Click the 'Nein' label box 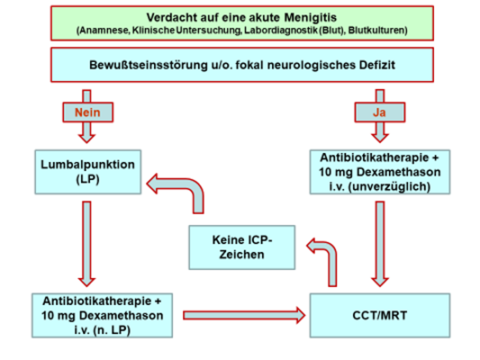(88, 112)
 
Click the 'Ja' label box (380, 112)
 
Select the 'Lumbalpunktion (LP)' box (88, 172)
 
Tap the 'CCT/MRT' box (380, 315)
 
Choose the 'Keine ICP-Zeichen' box (242, 247)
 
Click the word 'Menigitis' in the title (311, 17)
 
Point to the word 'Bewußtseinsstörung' (149, 65)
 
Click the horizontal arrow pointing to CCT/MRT (244, 315)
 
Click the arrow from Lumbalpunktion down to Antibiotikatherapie (87, 244)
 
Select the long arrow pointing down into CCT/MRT (380, 244)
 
